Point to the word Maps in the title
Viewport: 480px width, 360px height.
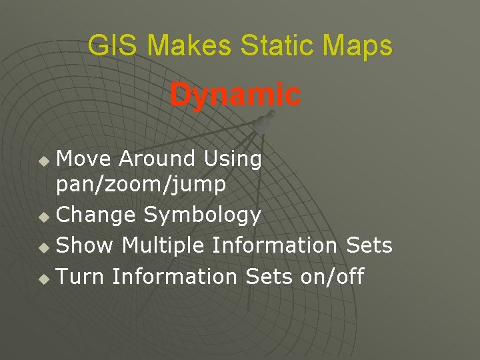pos(359,46)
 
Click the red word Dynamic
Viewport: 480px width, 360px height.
pos(235,95)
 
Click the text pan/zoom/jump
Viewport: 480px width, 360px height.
pos(141,185)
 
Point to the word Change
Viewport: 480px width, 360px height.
pos(97,215)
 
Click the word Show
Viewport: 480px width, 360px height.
pos(85,245)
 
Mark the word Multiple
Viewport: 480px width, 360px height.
pos(162,246)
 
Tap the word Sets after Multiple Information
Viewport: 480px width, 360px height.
pos(369,245)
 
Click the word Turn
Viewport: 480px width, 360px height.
pos(81,276)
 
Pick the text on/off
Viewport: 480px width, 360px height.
pos(332,276)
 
